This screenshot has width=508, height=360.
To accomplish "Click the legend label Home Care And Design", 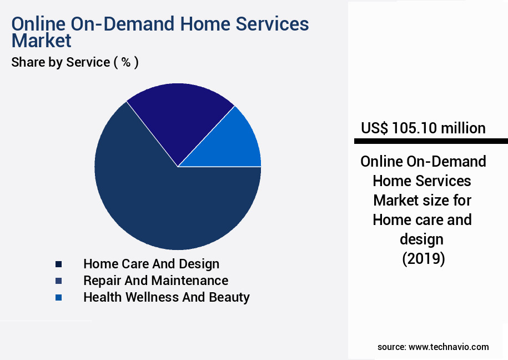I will point(151,264).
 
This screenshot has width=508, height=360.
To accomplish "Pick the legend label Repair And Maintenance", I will point(155,281).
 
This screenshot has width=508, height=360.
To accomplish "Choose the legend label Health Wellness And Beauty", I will point(166,297).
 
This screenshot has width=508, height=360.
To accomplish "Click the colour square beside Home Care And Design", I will point(58,264).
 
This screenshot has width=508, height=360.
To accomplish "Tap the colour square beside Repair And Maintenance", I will point(58,281).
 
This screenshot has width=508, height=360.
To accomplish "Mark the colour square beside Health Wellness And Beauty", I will point(58,298).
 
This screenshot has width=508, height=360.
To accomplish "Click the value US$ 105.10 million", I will point(423,128).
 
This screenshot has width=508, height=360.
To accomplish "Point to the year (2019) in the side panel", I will point(423,259).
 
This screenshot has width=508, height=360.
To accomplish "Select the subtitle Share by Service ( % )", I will point(75,62).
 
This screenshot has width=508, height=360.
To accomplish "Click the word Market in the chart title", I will point(42,41).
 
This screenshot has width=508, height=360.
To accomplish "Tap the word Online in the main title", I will point(41,24).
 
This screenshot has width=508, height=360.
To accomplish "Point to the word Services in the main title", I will point(270,24).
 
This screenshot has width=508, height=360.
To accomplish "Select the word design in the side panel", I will point(423,239).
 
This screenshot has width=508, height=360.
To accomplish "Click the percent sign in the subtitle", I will point(126,62).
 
